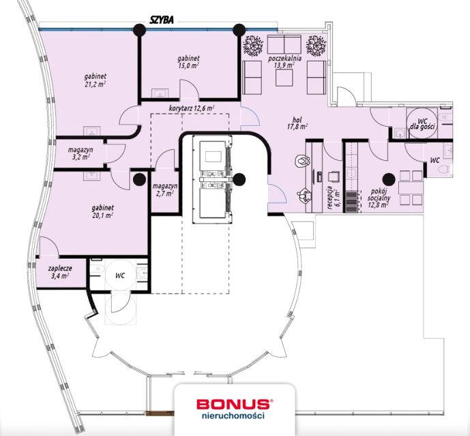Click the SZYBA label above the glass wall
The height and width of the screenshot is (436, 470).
162,20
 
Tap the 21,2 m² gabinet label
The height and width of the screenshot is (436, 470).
95,80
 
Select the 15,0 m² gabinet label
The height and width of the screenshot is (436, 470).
188,62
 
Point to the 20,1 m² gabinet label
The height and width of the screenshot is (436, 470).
102,211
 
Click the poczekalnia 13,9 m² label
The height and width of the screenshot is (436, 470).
284,61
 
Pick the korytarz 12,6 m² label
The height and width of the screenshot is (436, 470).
192,108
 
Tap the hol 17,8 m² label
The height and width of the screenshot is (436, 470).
297,123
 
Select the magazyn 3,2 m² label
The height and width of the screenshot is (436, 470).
80,153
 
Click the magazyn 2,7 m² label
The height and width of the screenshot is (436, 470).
164,189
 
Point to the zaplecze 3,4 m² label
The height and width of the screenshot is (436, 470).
60,272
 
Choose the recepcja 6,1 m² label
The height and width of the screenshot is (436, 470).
332,197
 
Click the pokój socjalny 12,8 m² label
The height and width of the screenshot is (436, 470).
379,198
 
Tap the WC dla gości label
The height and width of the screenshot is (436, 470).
422,124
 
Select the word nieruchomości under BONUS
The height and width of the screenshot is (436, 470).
233,416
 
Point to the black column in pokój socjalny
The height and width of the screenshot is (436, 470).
389,179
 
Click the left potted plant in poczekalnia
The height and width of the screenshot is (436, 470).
253,46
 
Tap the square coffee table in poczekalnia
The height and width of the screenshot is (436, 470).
284,78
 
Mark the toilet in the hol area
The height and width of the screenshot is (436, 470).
303,161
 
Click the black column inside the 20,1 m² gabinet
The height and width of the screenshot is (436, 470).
139,179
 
